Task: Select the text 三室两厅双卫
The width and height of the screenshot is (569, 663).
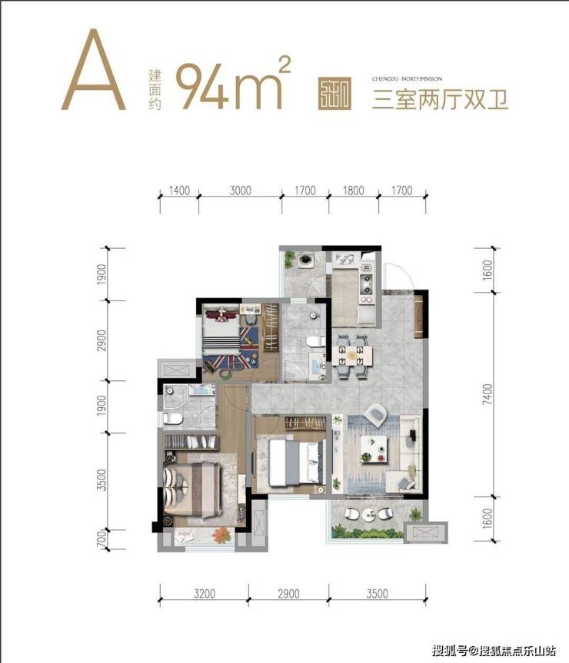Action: tap(440, 100)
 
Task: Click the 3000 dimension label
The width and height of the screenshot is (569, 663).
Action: tap(240, 191)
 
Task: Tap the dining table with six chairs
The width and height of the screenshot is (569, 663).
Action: tap(353, 355)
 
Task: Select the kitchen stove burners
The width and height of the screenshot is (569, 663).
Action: tap(365, 270)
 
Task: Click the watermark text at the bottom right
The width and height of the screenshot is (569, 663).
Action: tap(494, 651)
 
